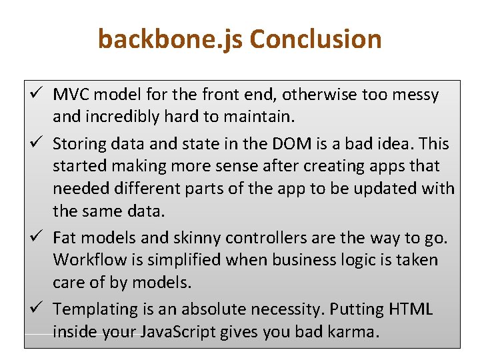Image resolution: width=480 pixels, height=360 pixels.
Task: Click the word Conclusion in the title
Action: coord(315,39)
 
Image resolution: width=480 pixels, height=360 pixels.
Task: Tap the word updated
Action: coord(388,189)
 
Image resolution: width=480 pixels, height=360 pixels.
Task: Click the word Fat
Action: coord(64,238)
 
